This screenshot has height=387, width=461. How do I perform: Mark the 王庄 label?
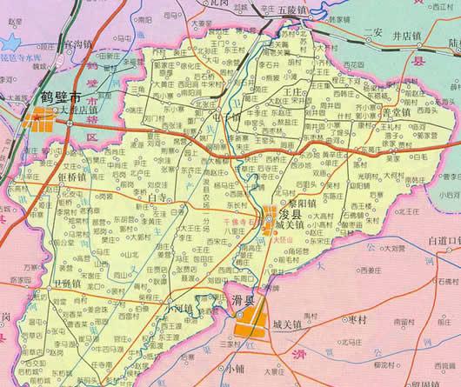[x=296, y=90]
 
